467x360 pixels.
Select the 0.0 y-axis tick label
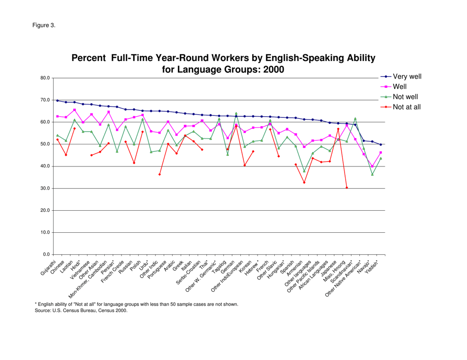pos(45,255)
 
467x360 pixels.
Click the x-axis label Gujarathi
pos(48,266)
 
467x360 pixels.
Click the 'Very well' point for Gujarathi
pos(58,101)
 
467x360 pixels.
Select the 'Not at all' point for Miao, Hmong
pos(347,188)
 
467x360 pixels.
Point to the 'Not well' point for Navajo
pos(372,174)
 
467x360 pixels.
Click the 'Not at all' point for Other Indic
pos(159,174)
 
